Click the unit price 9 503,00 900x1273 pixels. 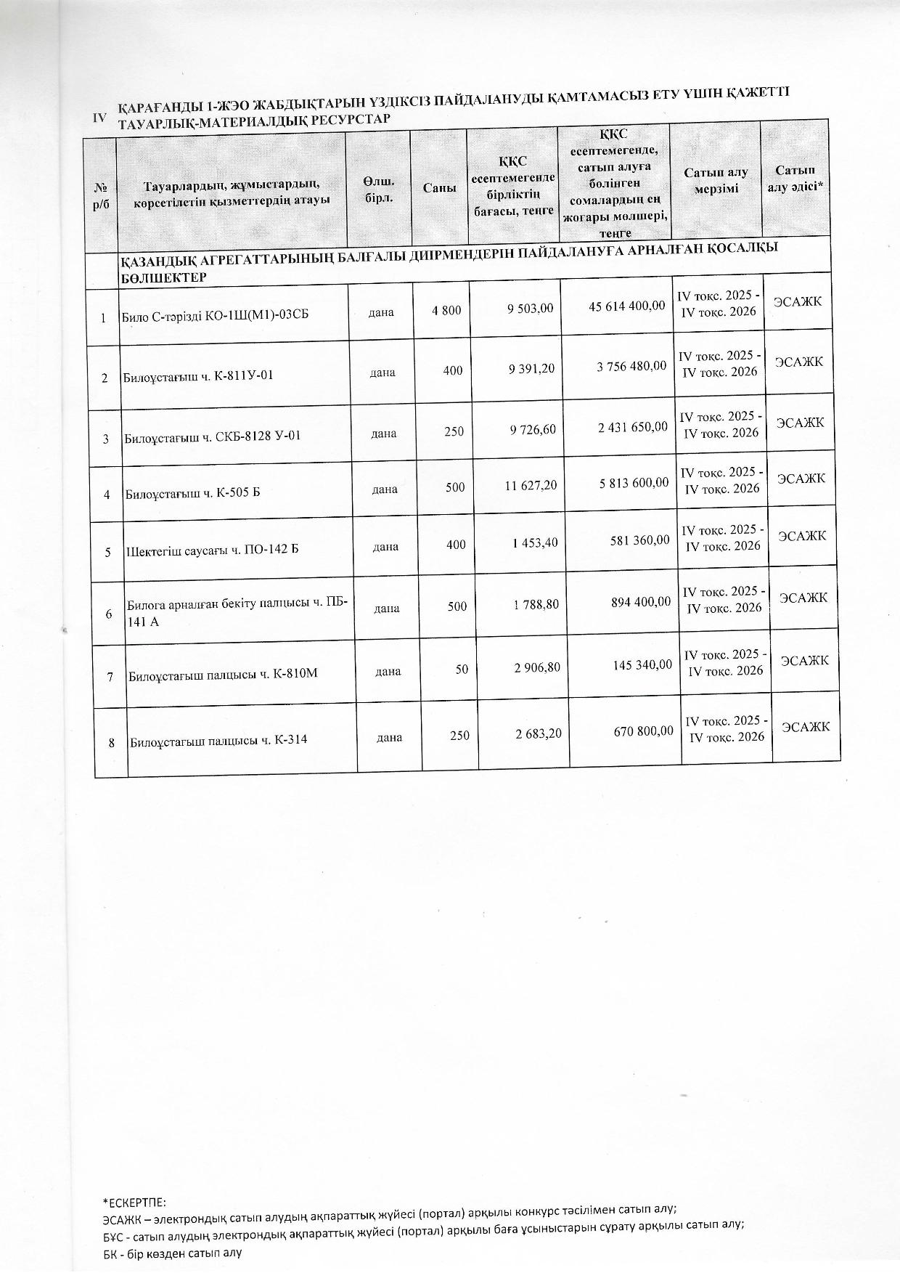click(x=531, y=308)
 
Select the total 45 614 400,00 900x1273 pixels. click(x=626, y=306)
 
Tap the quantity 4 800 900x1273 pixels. click(x=446, y=311)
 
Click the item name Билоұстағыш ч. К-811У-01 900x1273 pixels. click(x=198, y=376)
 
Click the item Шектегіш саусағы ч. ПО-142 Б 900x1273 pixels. click(x=213, y=550)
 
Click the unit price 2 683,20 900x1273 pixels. click(x=539, y=734)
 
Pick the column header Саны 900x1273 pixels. click(x=440, y=187)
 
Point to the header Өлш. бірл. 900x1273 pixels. click(x=378, y=190)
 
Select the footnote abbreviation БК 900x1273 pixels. click(x=110, y=1253)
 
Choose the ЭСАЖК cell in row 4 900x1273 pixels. click(x=801, y=479)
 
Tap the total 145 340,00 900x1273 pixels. click(x=642, y=664)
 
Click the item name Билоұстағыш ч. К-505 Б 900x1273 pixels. click(x=193, y=494)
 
